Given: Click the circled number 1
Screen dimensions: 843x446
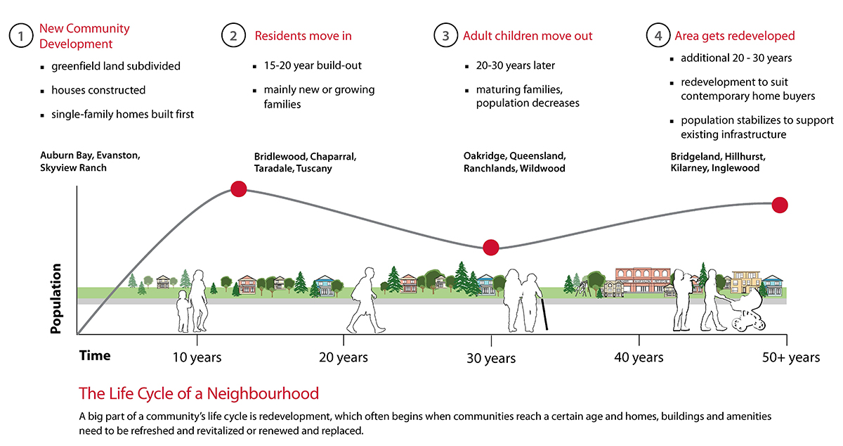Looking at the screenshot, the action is tap(21, 35).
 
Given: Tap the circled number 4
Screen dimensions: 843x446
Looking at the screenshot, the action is tap(658, 35).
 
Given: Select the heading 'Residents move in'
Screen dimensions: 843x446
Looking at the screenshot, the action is tap(303, 36).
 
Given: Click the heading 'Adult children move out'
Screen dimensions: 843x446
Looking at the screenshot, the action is tap(528, 36).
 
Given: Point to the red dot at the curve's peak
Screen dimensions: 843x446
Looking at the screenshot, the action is tap(239, 189).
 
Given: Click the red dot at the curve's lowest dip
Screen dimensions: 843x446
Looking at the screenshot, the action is tap(491, 248).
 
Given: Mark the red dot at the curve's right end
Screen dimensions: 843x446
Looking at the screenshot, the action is tap(779, 205).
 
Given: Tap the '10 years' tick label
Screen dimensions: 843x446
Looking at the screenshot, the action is tap(197, 357).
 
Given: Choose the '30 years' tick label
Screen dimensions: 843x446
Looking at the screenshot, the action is tap(491, 358).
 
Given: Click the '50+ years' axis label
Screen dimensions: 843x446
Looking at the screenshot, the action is tap(791, 357).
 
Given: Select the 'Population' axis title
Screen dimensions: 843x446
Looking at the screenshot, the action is tap(55, 298).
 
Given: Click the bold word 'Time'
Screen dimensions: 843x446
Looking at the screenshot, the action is tap(95, 355).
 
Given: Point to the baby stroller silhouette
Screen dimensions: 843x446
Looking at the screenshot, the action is tap(747, 312).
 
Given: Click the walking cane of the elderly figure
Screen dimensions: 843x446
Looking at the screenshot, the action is tap(544, 314).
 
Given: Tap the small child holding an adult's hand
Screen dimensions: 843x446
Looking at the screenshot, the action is tap(183, 312).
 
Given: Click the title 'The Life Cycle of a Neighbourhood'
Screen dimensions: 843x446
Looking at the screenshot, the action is tap(199, 394).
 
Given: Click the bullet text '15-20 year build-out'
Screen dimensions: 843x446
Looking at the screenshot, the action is tap(313, 65).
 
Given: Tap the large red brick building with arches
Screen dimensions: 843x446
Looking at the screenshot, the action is tap(643, 280).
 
